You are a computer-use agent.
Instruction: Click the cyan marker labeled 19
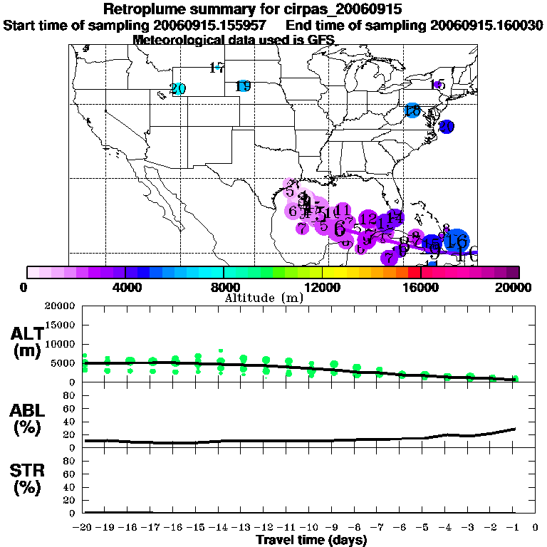(244, 86)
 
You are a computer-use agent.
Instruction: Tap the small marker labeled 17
(217, 68)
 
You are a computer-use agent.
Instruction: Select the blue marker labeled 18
(412, 110)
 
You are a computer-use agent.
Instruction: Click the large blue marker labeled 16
(457, 241)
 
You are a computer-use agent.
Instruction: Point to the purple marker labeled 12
(368, 219)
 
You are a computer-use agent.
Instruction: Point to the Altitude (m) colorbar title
(264, 297)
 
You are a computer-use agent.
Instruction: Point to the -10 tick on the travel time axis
(311, 528)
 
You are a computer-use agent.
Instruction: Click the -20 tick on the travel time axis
(84, 528)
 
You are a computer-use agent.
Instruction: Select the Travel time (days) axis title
(311, 541)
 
